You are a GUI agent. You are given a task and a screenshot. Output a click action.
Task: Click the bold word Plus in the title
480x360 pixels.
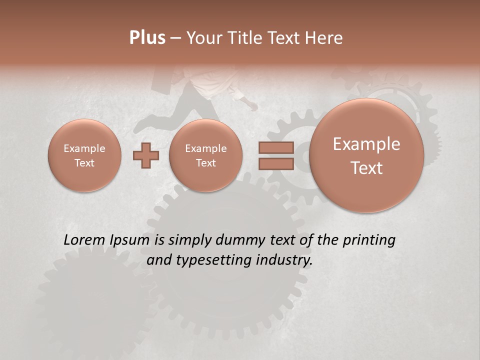click(147, 38)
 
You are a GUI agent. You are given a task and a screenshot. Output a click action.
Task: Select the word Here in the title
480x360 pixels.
click(324, 38)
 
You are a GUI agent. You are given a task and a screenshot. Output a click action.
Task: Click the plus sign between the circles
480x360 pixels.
click(146, 155)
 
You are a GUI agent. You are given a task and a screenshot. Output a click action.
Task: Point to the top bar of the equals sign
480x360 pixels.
click(276, 147)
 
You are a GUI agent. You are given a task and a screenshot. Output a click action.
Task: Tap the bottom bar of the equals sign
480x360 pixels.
click(276, 163)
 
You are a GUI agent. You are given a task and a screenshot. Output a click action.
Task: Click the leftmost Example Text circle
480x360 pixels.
click(84, 155)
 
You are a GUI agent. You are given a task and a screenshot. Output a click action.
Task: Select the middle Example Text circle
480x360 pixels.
click(206, 155)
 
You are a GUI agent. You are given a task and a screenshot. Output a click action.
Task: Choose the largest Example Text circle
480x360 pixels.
click(366, 155)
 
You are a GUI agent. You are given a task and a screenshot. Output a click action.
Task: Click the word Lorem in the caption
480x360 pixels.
click(85, 240)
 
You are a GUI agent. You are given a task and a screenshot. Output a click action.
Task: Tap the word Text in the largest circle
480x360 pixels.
click(366, 168)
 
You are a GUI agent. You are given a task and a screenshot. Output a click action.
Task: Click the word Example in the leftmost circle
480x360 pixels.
click(84, 148)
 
